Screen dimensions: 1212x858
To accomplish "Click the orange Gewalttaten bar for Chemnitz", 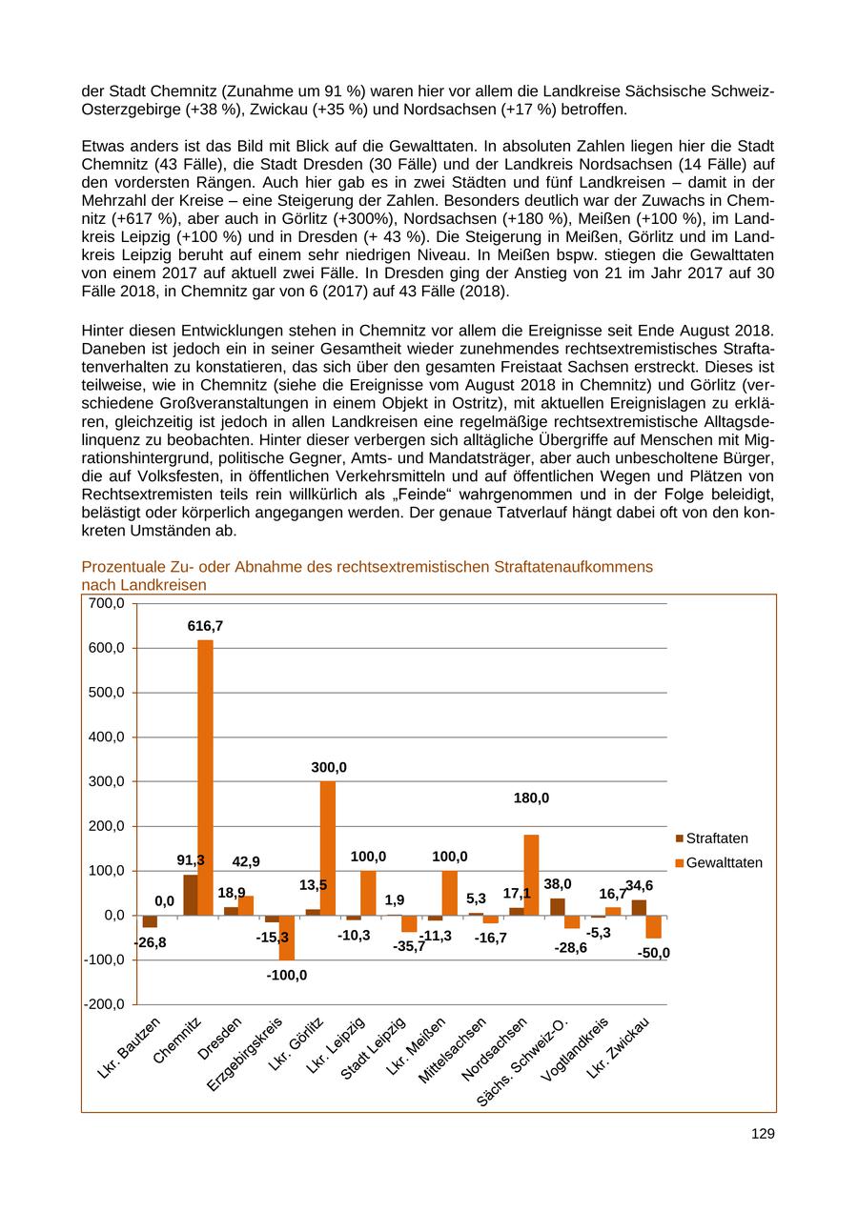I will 205,777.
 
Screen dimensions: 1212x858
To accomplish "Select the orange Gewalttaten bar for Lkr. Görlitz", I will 327,848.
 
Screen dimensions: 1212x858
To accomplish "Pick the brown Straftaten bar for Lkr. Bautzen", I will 150,921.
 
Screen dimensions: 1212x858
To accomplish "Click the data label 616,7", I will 205,626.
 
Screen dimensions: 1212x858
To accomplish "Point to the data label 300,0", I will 329,767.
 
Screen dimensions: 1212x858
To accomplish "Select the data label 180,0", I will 531,798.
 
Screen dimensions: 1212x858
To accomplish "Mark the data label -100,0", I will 287,975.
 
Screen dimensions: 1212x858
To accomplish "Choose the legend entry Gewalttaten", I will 724,862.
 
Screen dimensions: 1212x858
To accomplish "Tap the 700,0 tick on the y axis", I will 106,603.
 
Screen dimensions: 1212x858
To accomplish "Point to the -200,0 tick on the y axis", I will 104,1004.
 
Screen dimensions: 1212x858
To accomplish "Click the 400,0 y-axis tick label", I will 106,737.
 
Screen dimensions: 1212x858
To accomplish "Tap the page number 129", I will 763,1134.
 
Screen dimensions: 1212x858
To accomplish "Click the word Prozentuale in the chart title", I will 121,567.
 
